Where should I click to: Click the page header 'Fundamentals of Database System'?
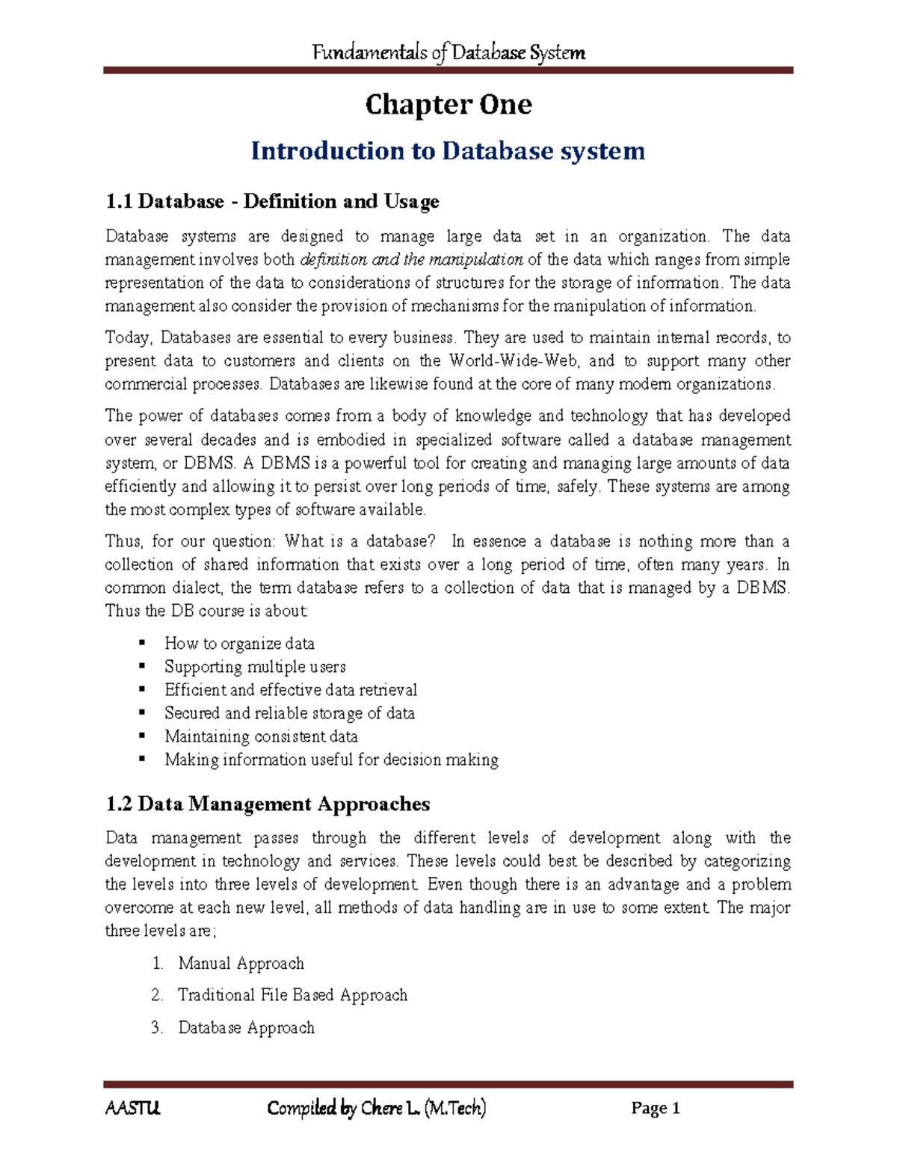pyautogui.click(x=449, y=52)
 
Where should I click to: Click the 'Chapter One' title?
pyautogui.click(x=449, y=105)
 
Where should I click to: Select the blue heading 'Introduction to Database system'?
pyautogui.click(x=448, y=151)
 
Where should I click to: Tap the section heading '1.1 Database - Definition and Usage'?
pyautogui.click(x=272, y=201)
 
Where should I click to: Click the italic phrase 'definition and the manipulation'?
pyautogui.click(x=411, y=259)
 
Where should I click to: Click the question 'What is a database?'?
pyautogui.click(x=360, y=541)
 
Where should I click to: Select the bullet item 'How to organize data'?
pyautogui.click(x=239, y=644)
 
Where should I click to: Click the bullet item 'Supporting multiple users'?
pyautogui.click(x=255, y=667)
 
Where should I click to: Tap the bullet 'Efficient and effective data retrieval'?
pyautogui.click(x=291, y=690)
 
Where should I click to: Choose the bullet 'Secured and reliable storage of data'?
pyautogui.click(x=289, y=713)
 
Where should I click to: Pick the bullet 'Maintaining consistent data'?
pyautogui.click(x=261, y=736)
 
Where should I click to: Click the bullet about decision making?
pyautogui.click(x=331, y=760)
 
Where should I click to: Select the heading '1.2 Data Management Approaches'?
pyautogui.click(x=268, y=804)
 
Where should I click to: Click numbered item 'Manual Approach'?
pyautogui.click(x=241, y=964)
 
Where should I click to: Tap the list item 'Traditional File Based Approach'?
pyautogui.click(x=292, y=995)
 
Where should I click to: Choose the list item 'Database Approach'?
pyautogui.click(x=246, y=1028)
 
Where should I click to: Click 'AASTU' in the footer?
pyautogui.click(x=132, y=1108)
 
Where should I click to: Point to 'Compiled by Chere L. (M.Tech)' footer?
pyautogui.click(x=377, y=1108)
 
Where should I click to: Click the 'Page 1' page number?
pyautogui.click(x=656, y=1108)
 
